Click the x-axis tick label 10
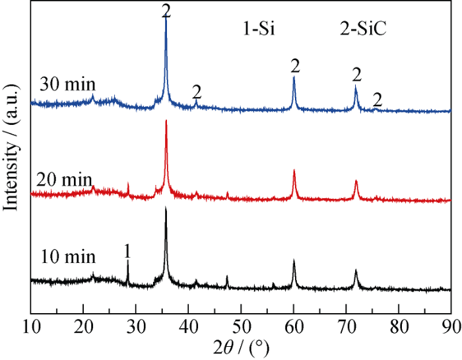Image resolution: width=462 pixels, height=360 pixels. (32, 328)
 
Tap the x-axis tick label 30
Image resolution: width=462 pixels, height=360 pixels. (136, 328)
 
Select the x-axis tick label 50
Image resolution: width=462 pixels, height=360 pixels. (242, 328)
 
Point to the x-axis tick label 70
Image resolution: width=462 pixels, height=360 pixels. (346, 328)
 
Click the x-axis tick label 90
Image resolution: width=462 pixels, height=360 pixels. (451, 328)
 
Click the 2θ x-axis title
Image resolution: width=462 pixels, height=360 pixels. (242, 349)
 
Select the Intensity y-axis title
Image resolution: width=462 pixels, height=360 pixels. (11, 147)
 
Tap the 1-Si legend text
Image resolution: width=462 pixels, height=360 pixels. (259, 29)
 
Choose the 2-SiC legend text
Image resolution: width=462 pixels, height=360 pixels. (363, 29)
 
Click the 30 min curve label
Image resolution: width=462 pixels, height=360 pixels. (68, 85)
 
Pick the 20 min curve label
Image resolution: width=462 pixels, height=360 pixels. (64, 180)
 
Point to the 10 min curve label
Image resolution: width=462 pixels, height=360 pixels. (68, 257)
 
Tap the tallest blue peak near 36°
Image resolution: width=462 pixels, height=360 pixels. (166, 18)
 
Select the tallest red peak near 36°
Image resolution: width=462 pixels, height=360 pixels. (166, 122)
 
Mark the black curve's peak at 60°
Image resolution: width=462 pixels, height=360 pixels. (294, 261)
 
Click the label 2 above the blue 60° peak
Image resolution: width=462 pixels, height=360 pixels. (295, 66)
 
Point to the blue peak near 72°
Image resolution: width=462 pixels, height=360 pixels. (356, 86)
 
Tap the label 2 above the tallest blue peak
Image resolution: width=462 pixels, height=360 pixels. (166, 11)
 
